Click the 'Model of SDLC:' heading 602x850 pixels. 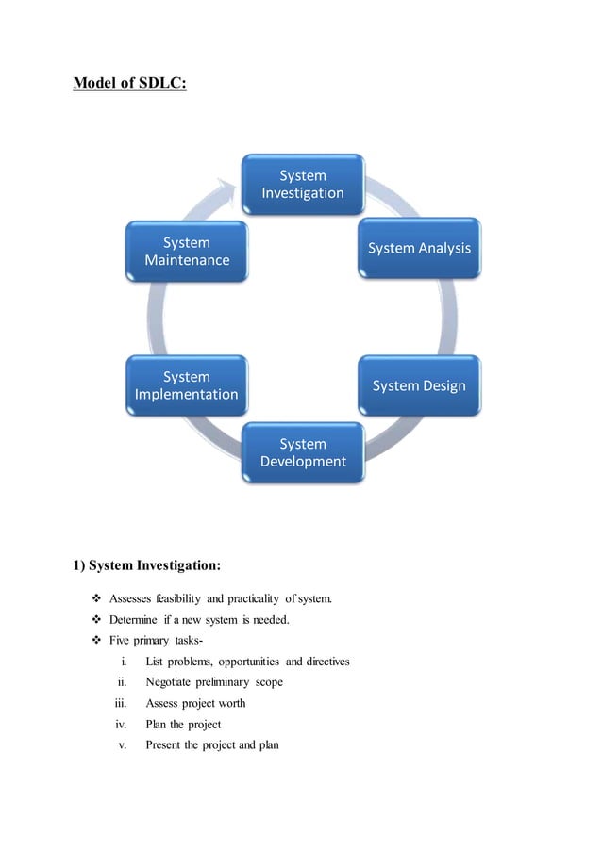(129, 85)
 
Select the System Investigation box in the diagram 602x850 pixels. (302, 184)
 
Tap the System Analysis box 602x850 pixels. (418, 248)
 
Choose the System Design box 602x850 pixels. (418, 385)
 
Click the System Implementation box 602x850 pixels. (186, 385)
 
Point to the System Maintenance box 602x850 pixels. (186, 250)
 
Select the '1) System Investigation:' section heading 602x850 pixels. (147, 566)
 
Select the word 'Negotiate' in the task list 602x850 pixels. (171, 681)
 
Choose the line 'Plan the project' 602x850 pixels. (183, 724)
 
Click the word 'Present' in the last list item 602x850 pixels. (165, 744)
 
